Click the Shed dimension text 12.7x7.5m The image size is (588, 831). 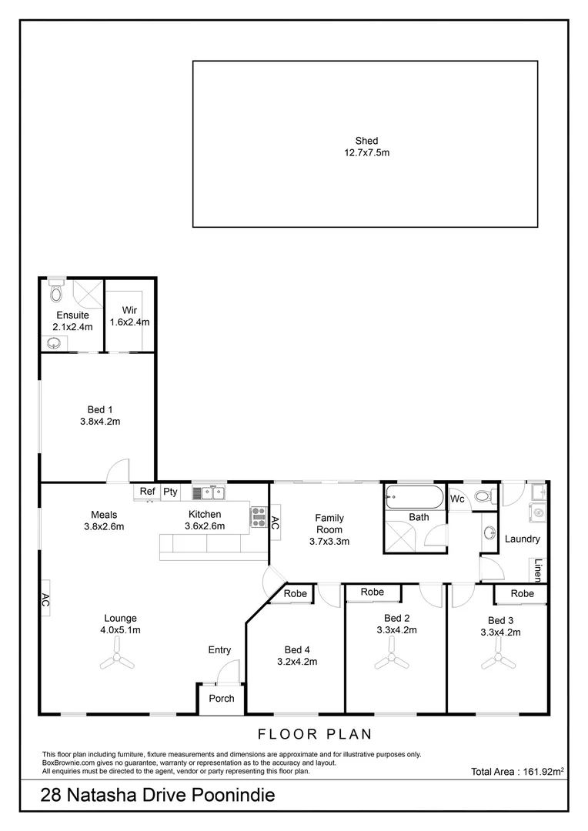[x=366, y=153]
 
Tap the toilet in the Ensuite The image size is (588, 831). [x=55, y=292]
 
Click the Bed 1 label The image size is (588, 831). [x=99, y=409]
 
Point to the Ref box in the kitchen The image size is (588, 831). [x=147, y=492]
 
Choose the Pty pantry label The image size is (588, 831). [x=170, y=492]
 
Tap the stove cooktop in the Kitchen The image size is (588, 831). [x=258, y=518]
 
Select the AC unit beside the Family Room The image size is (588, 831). [x=275, y=521]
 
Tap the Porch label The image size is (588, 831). [x=222, y=699]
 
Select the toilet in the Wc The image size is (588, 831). [x=483, y=496]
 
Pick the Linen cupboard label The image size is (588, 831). [x=538, y=569]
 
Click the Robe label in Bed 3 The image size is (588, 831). [x=522, y=593]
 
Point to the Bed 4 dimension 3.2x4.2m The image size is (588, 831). [x=297, y=661]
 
